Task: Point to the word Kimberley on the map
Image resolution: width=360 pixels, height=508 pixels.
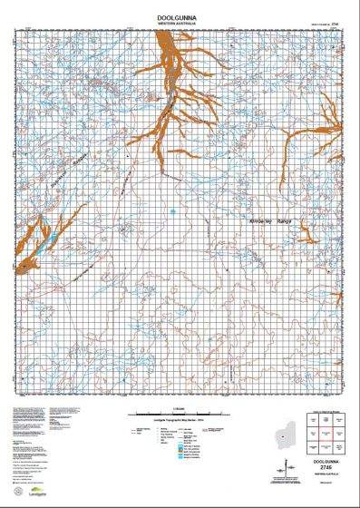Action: pos(262,220)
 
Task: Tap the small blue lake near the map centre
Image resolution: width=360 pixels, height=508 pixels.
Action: pos(172,213)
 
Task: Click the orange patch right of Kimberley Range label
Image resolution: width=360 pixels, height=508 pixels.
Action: pos(308,238)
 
